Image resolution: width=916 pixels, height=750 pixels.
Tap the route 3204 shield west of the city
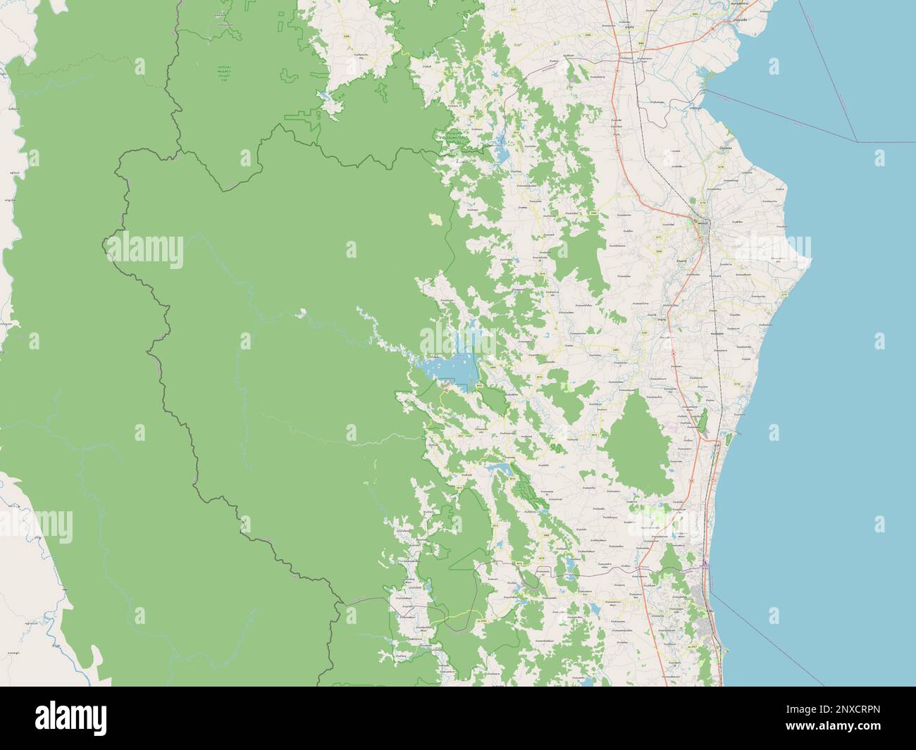click(x=660, y=251)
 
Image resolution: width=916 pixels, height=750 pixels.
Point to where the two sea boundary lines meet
click(x=857, y=142)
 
